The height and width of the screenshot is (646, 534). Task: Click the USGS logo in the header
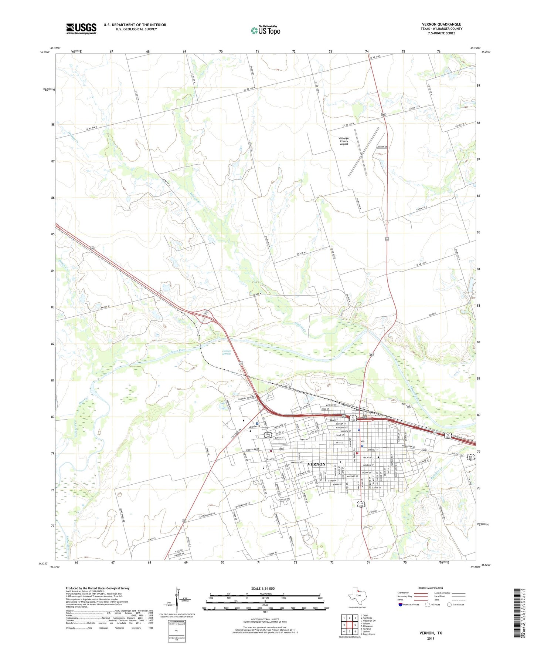pos(81,28)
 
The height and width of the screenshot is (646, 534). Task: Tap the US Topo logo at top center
pos(265,30)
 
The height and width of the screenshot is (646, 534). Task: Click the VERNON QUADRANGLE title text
pos(441,24)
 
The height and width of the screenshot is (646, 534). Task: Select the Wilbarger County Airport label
pos(344,141)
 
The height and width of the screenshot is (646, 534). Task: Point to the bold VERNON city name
pos(316,464)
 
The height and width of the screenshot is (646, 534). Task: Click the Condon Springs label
pos(227,352)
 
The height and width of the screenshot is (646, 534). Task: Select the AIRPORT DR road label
pos(381,147)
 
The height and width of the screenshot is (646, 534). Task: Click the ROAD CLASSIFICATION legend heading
pos(431,588)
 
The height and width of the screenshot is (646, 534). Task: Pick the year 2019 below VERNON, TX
pos(430,639)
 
